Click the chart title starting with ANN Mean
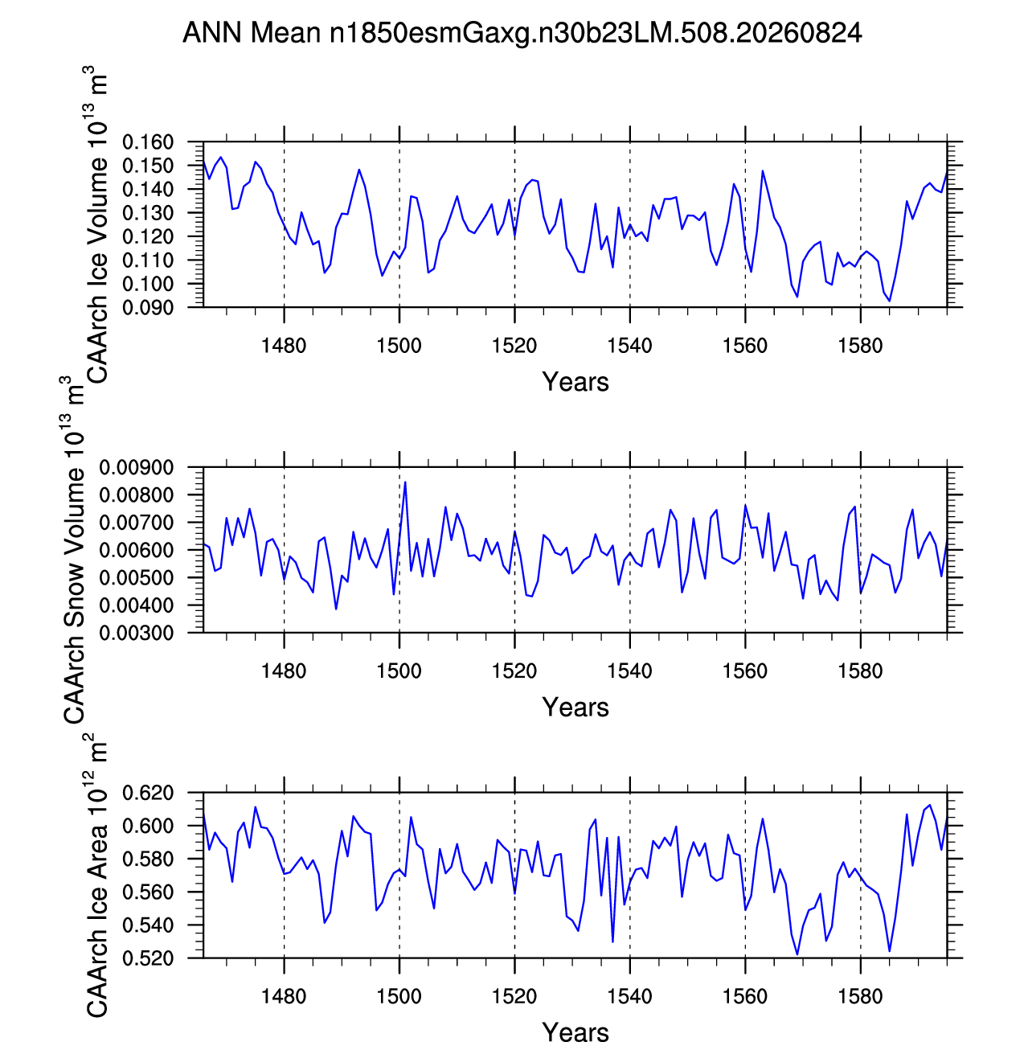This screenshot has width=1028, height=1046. (522, 33)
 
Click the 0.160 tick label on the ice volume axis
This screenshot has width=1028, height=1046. (148, 142)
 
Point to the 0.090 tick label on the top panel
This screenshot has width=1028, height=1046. (148, 307)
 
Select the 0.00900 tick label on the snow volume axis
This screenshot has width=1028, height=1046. (136, 467)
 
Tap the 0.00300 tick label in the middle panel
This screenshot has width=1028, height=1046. (136, 633)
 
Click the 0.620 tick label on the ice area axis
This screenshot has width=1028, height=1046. (148, 793)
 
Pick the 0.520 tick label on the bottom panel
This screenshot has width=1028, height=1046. (148, 958)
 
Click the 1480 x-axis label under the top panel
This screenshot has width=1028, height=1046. (284, 346)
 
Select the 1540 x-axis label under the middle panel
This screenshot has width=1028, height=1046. (629, 671)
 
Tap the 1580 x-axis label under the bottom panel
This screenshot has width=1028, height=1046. (860, 997)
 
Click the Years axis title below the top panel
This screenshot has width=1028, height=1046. (575, 382)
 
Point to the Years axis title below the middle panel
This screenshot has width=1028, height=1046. (575, 708)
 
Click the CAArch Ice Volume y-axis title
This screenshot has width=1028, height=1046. (96, 225)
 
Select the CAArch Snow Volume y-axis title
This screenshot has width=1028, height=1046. (72, 550)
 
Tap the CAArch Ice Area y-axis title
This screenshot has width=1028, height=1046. (96, 875)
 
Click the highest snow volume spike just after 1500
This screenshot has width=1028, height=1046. (405, 482)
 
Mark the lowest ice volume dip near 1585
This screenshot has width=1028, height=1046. (889, 301)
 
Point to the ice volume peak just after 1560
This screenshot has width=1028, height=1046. (762, 171)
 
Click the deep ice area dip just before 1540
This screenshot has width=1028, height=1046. (612, 941)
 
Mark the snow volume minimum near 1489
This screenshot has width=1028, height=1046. (336, 609)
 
